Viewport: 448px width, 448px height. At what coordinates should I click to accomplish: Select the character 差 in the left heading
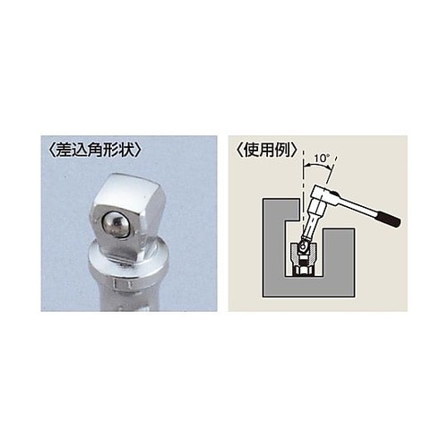63,151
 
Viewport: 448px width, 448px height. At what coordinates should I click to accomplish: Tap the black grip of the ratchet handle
392,220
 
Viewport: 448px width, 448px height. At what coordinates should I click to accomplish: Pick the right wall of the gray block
346,264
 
